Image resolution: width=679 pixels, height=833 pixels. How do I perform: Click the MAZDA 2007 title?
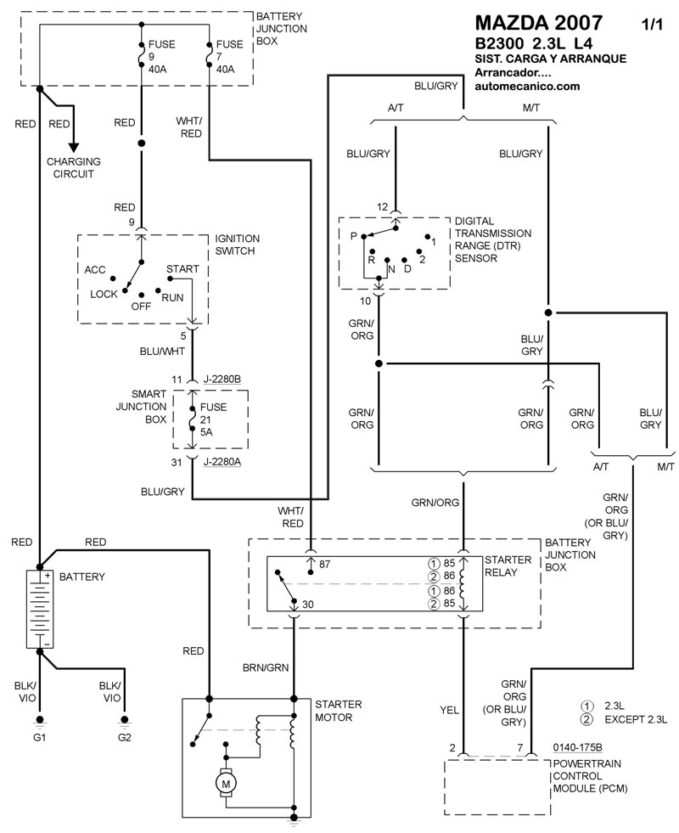point(539,23)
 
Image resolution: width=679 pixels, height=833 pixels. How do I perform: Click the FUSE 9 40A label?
point(161,57)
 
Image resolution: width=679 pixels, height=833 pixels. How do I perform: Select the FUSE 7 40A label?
point(229,57)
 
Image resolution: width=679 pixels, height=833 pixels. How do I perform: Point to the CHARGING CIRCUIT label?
point(74,167)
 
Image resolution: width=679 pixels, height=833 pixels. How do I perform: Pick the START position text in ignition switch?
point(182,269)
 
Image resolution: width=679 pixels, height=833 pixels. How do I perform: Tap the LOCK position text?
point(105,294)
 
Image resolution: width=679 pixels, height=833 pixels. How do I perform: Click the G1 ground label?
point(39,736)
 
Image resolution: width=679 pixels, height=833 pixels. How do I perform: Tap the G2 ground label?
point(125,736)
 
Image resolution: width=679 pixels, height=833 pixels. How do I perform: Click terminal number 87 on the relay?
point(325,562)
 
